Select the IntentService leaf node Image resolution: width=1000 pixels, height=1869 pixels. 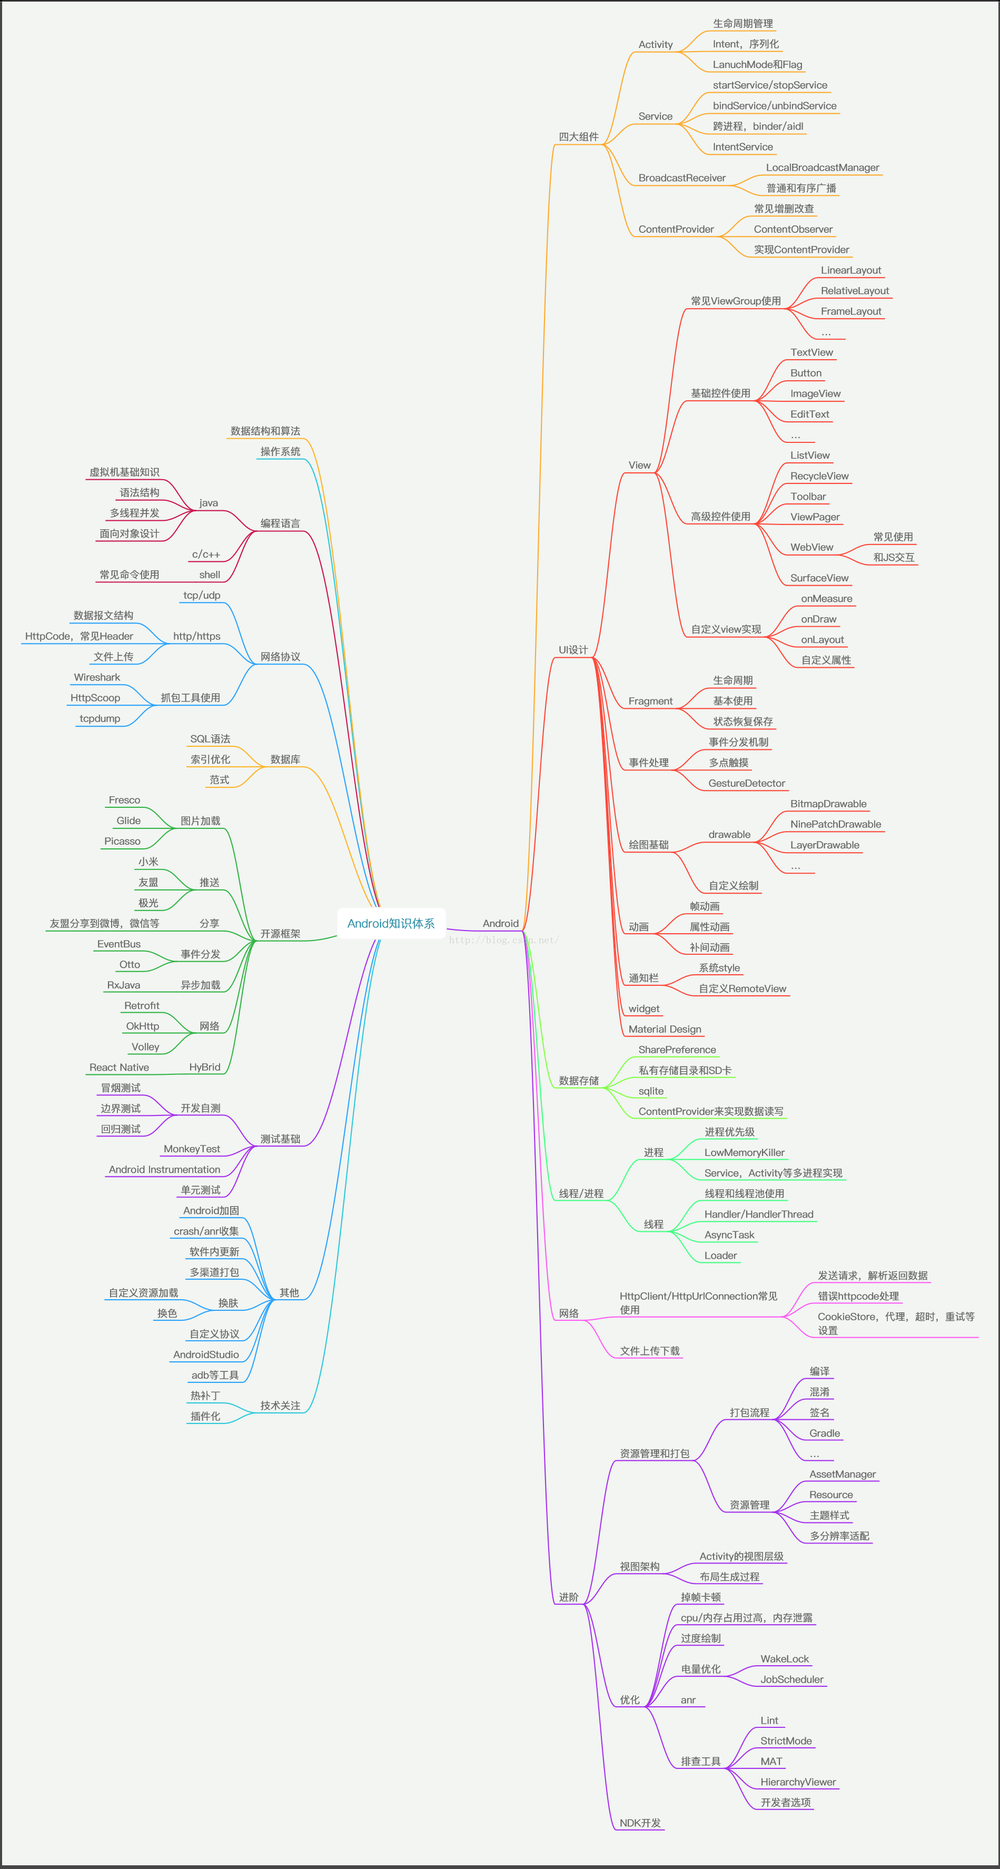click(x=742, y=146)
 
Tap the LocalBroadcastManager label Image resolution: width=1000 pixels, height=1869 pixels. click(x=822, y=167)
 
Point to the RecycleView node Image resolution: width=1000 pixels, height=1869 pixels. click(x=819, y=476)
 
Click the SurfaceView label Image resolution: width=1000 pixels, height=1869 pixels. click(x=819, y=578)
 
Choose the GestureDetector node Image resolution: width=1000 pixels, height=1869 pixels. click(x=747, y=784)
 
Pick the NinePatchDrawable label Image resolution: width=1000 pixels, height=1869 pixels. click(x=835, y=824)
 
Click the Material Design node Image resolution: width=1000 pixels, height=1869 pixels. click(x=665, y=1029)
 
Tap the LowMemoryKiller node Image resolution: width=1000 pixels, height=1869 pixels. click(x=745, y=1152)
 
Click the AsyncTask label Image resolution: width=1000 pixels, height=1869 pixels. click(x=729, y=1235)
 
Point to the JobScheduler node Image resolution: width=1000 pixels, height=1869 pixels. click(x=791, y=1679)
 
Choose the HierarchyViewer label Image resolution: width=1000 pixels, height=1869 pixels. click(x=798, y=1782)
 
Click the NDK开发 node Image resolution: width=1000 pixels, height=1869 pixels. click(x=640, y=1823)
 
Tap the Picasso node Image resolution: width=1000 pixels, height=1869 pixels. click(x=122, y=842)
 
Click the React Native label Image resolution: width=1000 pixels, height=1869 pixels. click(x=119, y=1067)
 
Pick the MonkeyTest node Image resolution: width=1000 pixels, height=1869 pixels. click(x=192, y=1149)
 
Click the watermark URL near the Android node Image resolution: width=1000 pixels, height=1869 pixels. click(x=503, y=941)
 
